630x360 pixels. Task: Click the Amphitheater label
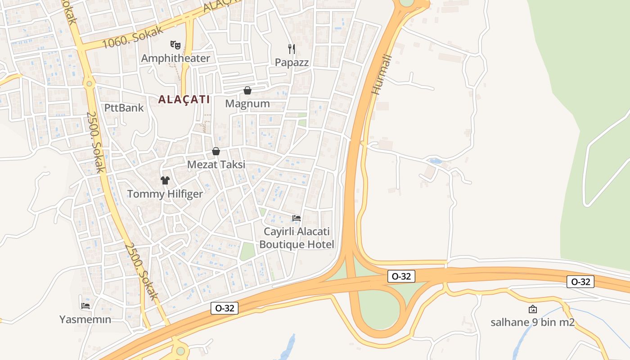pyautogui.click(x=175, y=58)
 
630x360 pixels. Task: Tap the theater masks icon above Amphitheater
pyautogui.click(x=175, y=45)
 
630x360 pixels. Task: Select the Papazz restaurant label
pyautogui.click(x=292, y=62)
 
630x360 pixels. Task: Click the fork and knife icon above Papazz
pyautogui.click(x=292, y=49)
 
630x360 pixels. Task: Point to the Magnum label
pyautogui.click(x=247, y=103)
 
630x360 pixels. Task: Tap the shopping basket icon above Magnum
pyautogui.click(x=247, y=90)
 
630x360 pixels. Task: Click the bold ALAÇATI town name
pyautogui.click(x=184, y=99)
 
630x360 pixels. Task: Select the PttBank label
pyautogui.click(x=124, y=108)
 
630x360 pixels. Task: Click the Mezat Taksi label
pyautogui.click(x=216, y=164)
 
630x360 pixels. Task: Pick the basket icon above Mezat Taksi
pyautogui.click(x=216, y=151)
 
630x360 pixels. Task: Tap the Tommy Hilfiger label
pyautogui.click(x=165, y=194)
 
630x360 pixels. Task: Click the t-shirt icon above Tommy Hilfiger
pyautogui.click(x=165, y=180)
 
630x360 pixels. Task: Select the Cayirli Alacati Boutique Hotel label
pyautogui.click(x=297, y=238)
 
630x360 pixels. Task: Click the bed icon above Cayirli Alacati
pyautogui.click(x=297, y=218)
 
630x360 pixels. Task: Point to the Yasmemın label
pyautogui.click(x=85, y=319)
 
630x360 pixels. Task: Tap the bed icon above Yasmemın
pyautogui.click(x=85, y=306)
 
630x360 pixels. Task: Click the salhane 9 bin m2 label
pyautogui.click(x=532, y=322)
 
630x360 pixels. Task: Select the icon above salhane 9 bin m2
pyautogui.click(x=533, y=309)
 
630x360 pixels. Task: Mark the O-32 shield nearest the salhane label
pyautogui.click(x=580, y=282)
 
